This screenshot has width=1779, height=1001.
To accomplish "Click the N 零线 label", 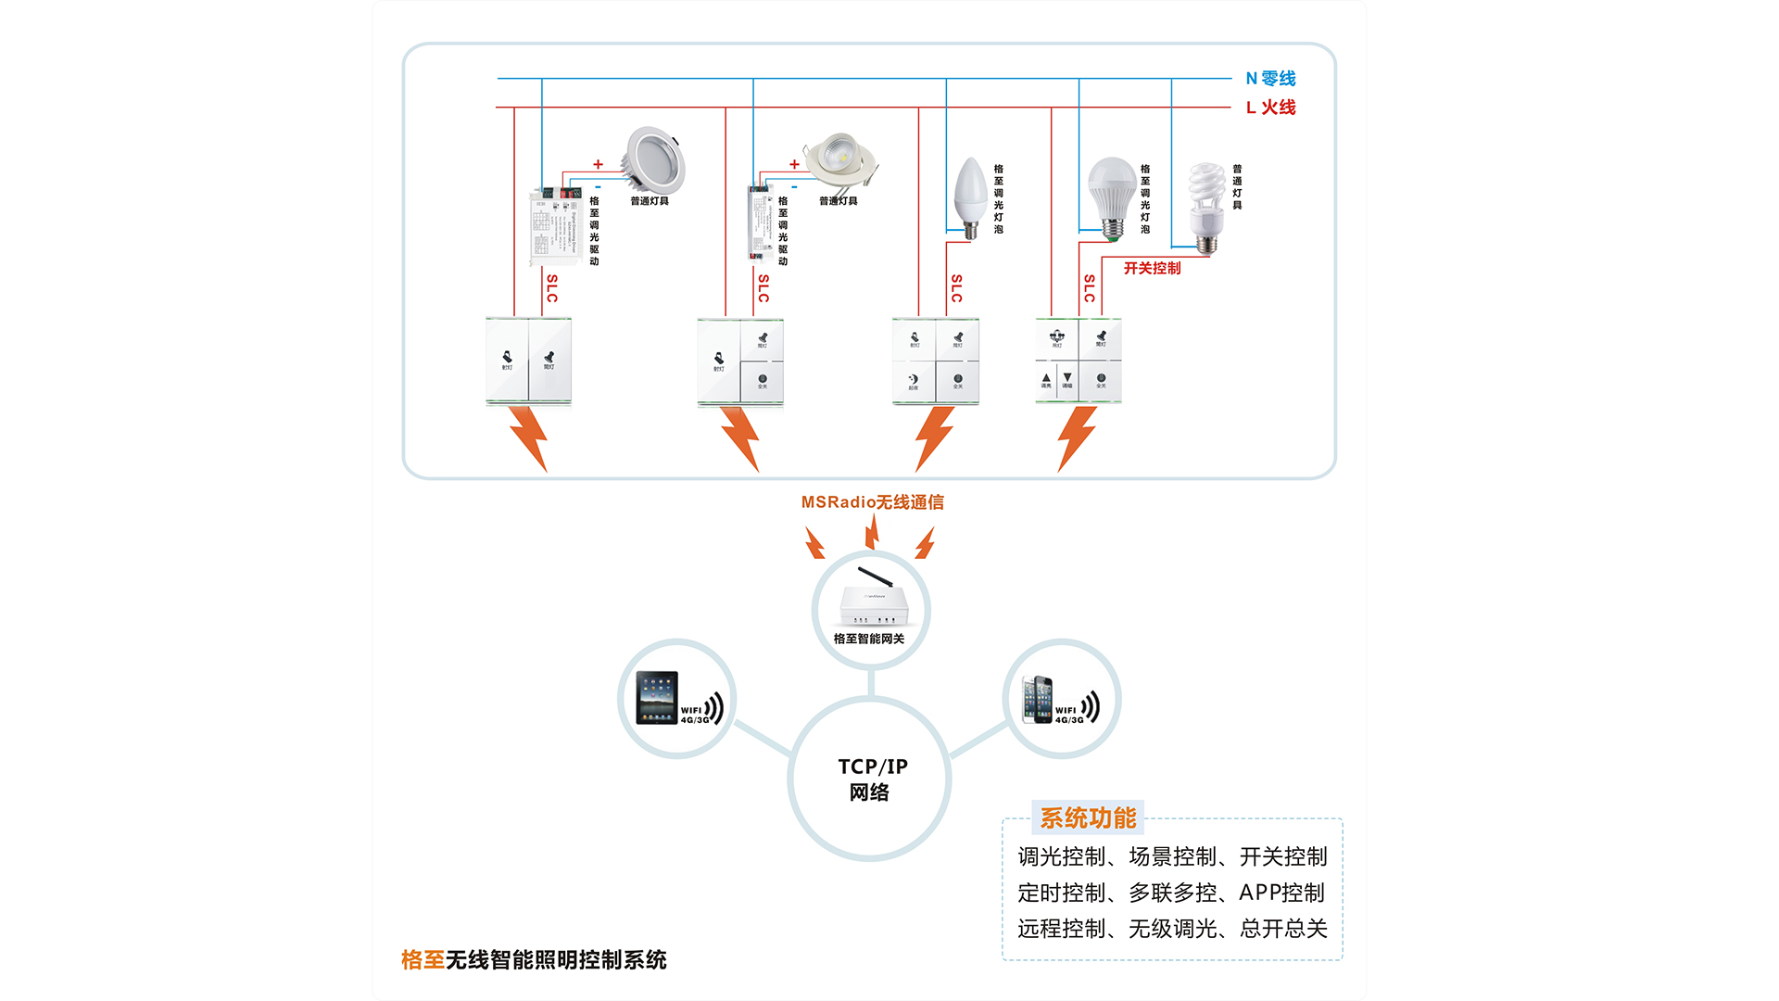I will point(1269,79).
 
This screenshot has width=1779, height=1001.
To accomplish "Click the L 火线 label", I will point(1269,108).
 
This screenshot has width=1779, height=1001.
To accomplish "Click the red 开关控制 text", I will point(1152,268).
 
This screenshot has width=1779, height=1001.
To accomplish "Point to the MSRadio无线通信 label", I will point(872,502).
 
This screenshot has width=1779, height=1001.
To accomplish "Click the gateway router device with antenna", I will point(873,600).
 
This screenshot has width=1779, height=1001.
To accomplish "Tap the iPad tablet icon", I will point(657,697).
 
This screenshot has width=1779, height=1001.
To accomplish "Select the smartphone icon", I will point(1037,699).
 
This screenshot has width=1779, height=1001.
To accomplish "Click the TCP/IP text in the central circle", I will point(873,767).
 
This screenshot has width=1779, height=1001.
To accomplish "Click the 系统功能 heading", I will point(1087,817).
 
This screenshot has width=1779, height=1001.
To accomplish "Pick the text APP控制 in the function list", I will point(1281,893).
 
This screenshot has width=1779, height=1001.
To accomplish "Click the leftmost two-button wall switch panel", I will point(528,361).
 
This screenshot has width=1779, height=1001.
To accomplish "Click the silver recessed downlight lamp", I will point(653,160).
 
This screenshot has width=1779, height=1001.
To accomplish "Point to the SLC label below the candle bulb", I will point(956,288).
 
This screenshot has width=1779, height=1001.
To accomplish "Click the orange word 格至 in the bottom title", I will point(423,960).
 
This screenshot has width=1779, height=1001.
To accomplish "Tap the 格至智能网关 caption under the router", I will point(868,639).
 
